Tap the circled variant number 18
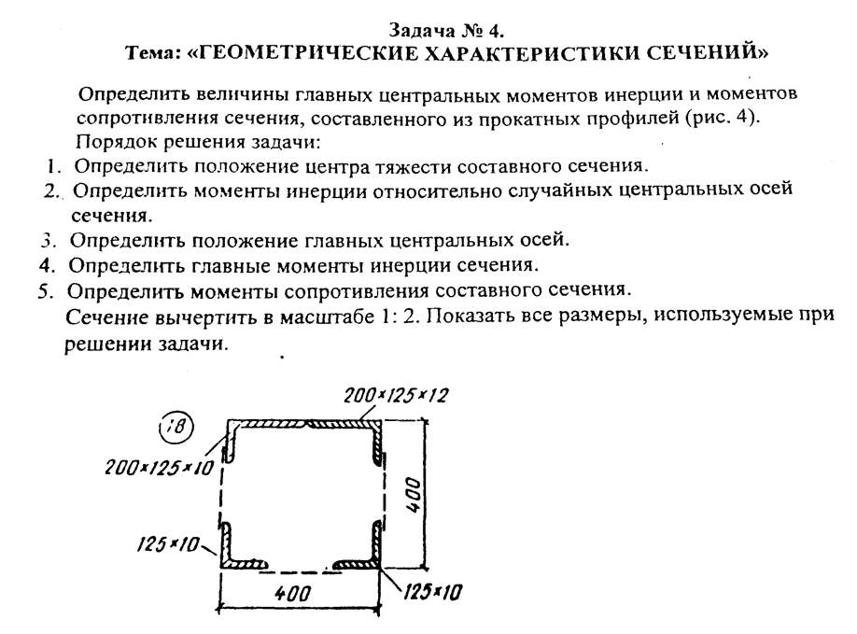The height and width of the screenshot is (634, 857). (x=176, y=427)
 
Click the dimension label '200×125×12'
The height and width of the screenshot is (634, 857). (x=396, y=395)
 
